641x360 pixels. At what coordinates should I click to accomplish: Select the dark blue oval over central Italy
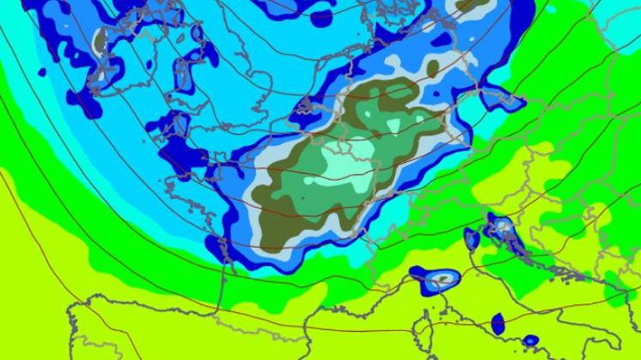click(498, 323)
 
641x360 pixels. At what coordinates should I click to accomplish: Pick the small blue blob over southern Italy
click(530, 340)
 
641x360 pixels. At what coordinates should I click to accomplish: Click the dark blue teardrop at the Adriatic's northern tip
click(472, 238)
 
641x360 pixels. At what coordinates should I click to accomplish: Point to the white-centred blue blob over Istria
click(501, 226)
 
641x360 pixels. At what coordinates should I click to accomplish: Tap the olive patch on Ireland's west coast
click(99, 40)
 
